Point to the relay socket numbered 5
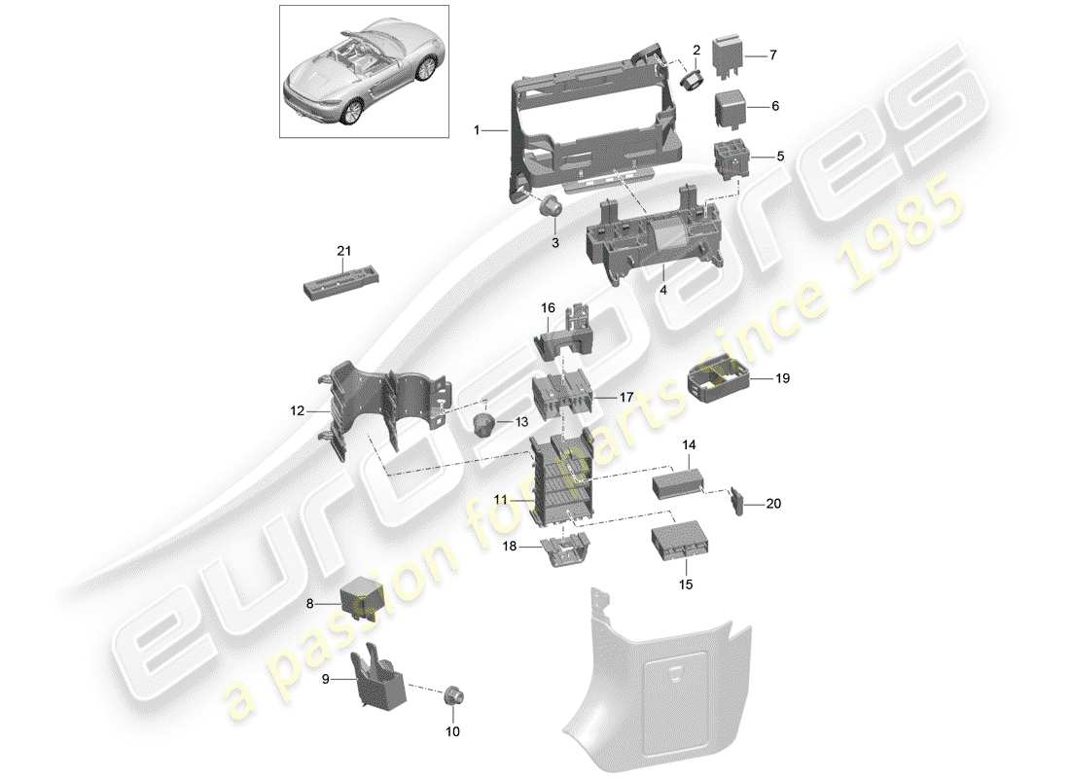(732, 156)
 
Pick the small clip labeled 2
(693, 78)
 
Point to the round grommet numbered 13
(483, 422)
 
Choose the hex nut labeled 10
(452, 696)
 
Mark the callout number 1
(478, 129)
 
